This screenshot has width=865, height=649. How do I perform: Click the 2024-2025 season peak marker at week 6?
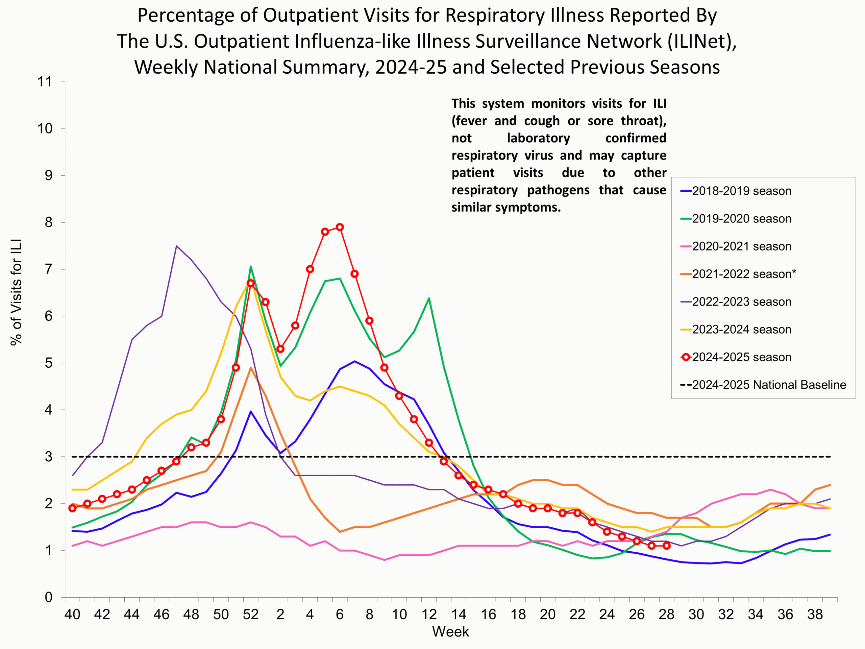click(340, 227)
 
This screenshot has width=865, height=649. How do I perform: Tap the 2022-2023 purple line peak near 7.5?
click(176, 246)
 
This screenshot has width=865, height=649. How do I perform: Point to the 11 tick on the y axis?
click(45, 82)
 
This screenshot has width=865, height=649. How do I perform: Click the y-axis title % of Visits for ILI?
click(17, 292)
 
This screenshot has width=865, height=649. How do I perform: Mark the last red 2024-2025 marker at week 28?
click(667, 546)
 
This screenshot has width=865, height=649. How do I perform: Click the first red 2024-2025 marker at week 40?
click(72, 508)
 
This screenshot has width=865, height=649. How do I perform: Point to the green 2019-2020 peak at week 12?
click(429, 298)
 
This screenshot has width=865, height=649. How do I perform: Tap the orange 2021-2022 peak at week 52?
click(251, 368)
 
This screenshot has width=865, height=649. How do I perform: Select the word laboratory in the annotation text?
click(539, 138)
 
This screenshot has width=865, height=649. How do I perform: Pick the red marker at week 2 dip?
click(280, 349)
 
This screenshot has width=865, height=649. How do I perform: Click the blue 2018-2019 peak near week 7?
click(355, 361)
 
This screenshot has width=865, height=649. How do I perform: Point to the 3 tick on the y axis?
click(49, 457)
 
